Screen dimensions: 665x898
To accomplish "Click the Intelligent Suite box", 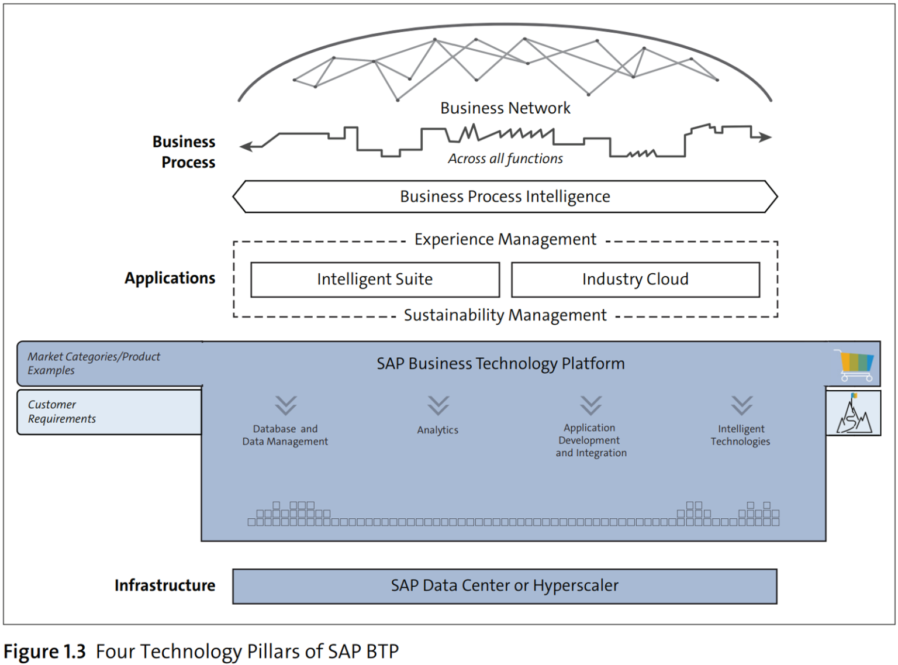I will tap(375, 280).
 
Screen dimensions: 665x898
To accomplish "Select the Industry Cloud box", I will tap(635, 280).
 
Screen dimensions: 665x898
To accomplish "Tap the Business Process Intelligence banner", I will tap(505, 197).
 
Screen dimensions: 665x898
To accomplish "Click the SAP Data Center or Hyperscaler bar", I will tap(505, 586).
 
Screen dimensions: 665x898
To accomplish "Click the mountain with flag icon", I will tap(854, 414).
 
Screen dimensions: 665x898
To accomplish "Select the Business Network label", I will tap(505, 108).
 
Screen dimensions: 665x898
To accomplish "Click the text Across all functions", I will tap(505, 159).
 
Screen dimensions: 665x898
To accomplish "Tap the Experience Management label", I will tap(505, 240).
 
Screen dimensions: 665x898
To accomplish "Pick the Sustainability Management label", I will tap(505, 316).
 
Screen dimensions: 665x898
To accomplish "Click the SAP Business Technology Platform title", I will tap(500, 364).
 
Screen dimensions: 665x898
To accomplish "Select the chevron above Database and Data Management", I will tap(286, 405).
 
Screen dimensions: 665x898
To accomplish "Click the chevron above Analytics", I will tap(438, 405).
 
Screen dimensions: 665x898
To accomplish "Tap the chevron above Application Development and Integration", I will tap(590, 405).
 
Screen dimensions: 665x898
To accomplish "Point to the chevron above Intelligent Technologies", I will tap(741, 405).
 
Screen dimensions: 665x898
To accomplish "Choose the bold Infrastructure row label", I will tap(165, 585).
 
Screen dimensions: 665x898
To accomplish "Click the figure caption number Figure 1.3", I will tap(45, 652).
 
